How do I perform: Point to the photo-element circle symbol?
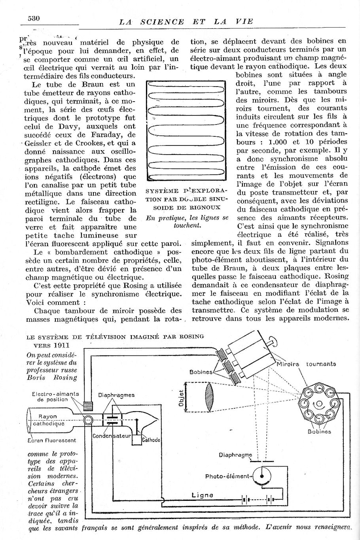(x=261, y=476)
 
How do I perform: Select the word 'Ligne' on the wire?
(x=202, y=495)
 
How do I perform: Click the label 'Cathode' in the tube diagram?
(x=151, y=440)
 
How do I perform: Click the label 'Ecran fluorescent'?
(x=52, y=440)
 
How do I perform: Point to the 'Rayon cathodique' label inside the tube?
(x=48, y=420)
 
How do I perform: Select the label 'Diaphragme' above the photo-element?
(x=235, y=455)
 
